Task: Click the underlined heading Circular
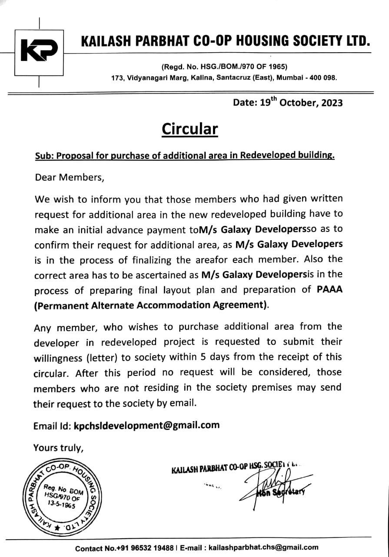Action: pyautogui.click(x=190, y=129)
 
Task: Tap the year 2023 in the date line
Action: pyautogui.click(x=331, y=103)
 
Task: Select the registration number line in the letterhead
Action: pyautogui.click(x=224, y=67)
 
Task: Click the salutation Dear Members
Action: pyautogui.click(x=69, y=178)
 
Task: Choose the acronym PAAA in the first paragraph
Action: pyautogui.click(x=329, y=289)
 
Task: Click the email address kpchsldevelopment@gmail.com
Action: pyautogui.click(x=146, y=425)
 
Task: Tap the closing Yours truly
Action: pyautogui.click(x=58, y=447)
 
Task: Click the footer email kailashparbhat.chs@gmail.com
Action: pyautogui.click(x=263, y=547)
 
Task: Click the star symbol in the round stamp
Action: pyautogui.click(x=57, y=527)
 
